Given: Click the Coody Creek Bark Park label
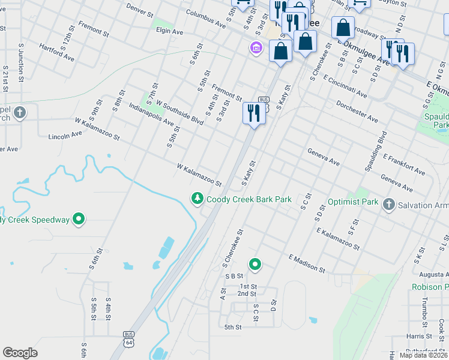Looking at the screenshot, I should pyautogui.click(x=249, y=199).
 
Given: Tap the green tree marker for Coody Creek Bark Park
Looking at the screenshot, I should pyautogui.click(x=196, y=199).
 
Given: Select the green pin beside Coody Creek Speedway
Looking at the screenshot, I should pyautogui.click(x=79, y=220).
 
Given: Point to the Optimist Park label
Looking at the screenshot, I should pyautogui.click(x=353, y=202).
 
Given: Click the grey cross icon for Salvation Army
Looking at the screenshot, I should pyautogui.click(x=389, y=205).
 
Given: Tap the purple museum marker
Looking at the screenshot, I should pyautogui.click(x=256, y=47).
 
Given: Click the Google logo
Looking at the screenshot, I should pyautogui.click(x=20, y=353).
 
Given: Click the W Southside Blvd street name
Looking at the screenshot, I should pyautogui.click(x=179, y=112).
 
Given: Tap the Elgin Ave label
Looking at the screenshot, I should pyautogui.click(x=169, y=30).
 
